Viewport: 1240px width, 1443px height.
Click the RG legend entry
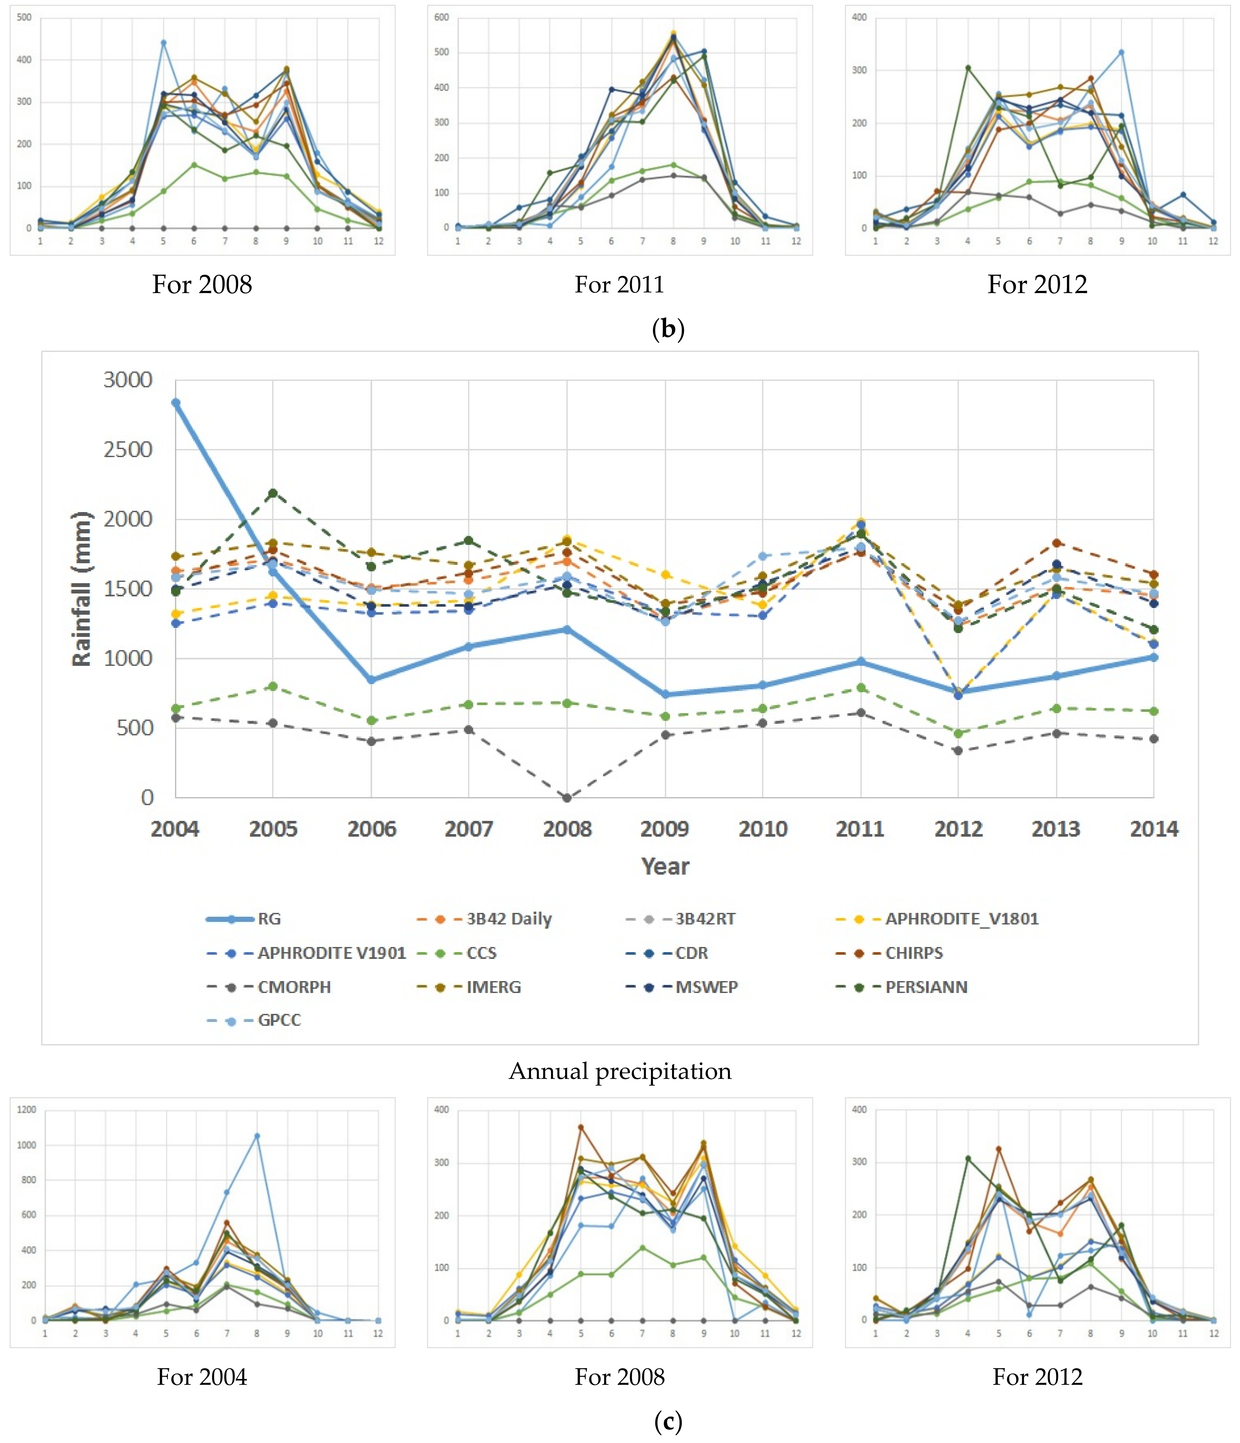tap(244, 919)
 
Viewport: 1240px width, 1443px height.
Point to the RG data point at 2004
tap(175, 402)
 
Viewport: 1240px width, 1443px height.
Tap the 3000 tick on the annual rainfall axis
tap(127, 380)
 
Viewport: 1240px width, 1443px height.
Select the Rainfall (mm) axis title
tap(81, 588)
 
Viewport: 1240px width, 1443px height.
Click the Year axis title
tap(665, 866)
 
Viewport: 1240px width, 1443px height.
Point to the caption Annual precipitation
tap(620, 1071)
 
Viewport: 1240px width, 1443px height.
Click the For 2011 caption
tap(619, 284)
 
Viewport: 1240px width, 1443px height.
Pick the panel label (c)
tap(668, 1421)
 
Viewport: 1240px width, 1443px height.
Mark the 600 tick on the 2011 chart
tap(441, 17)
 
